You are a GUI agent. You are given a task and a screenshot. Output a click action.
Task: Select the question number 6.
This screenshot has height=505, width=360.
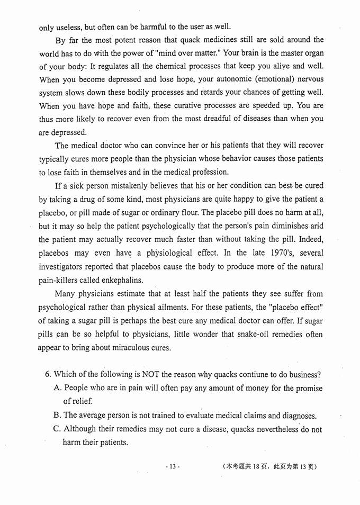(48, 375)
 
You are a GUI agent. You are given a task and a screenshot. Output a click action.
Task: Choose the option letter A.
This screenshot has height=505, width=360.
(57, 389)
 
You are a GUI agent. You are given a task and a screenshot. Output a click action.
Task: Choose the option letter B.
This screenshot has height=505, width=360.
(57, 416)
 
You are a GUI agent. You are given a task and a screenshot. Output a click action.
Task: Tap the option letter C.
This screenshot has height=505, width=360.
(57, 429)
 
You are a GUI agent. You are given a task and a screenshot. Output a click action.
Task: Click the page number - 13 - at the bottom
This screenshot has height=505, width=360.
(173, 467)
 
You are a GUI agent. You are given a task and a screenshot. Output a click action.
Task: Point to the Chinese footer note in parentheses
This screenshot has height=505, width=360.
(269, 467)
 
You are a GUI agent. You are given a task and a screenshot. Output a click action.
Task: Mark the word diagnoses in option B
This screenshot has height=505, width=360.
(296, 416)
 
